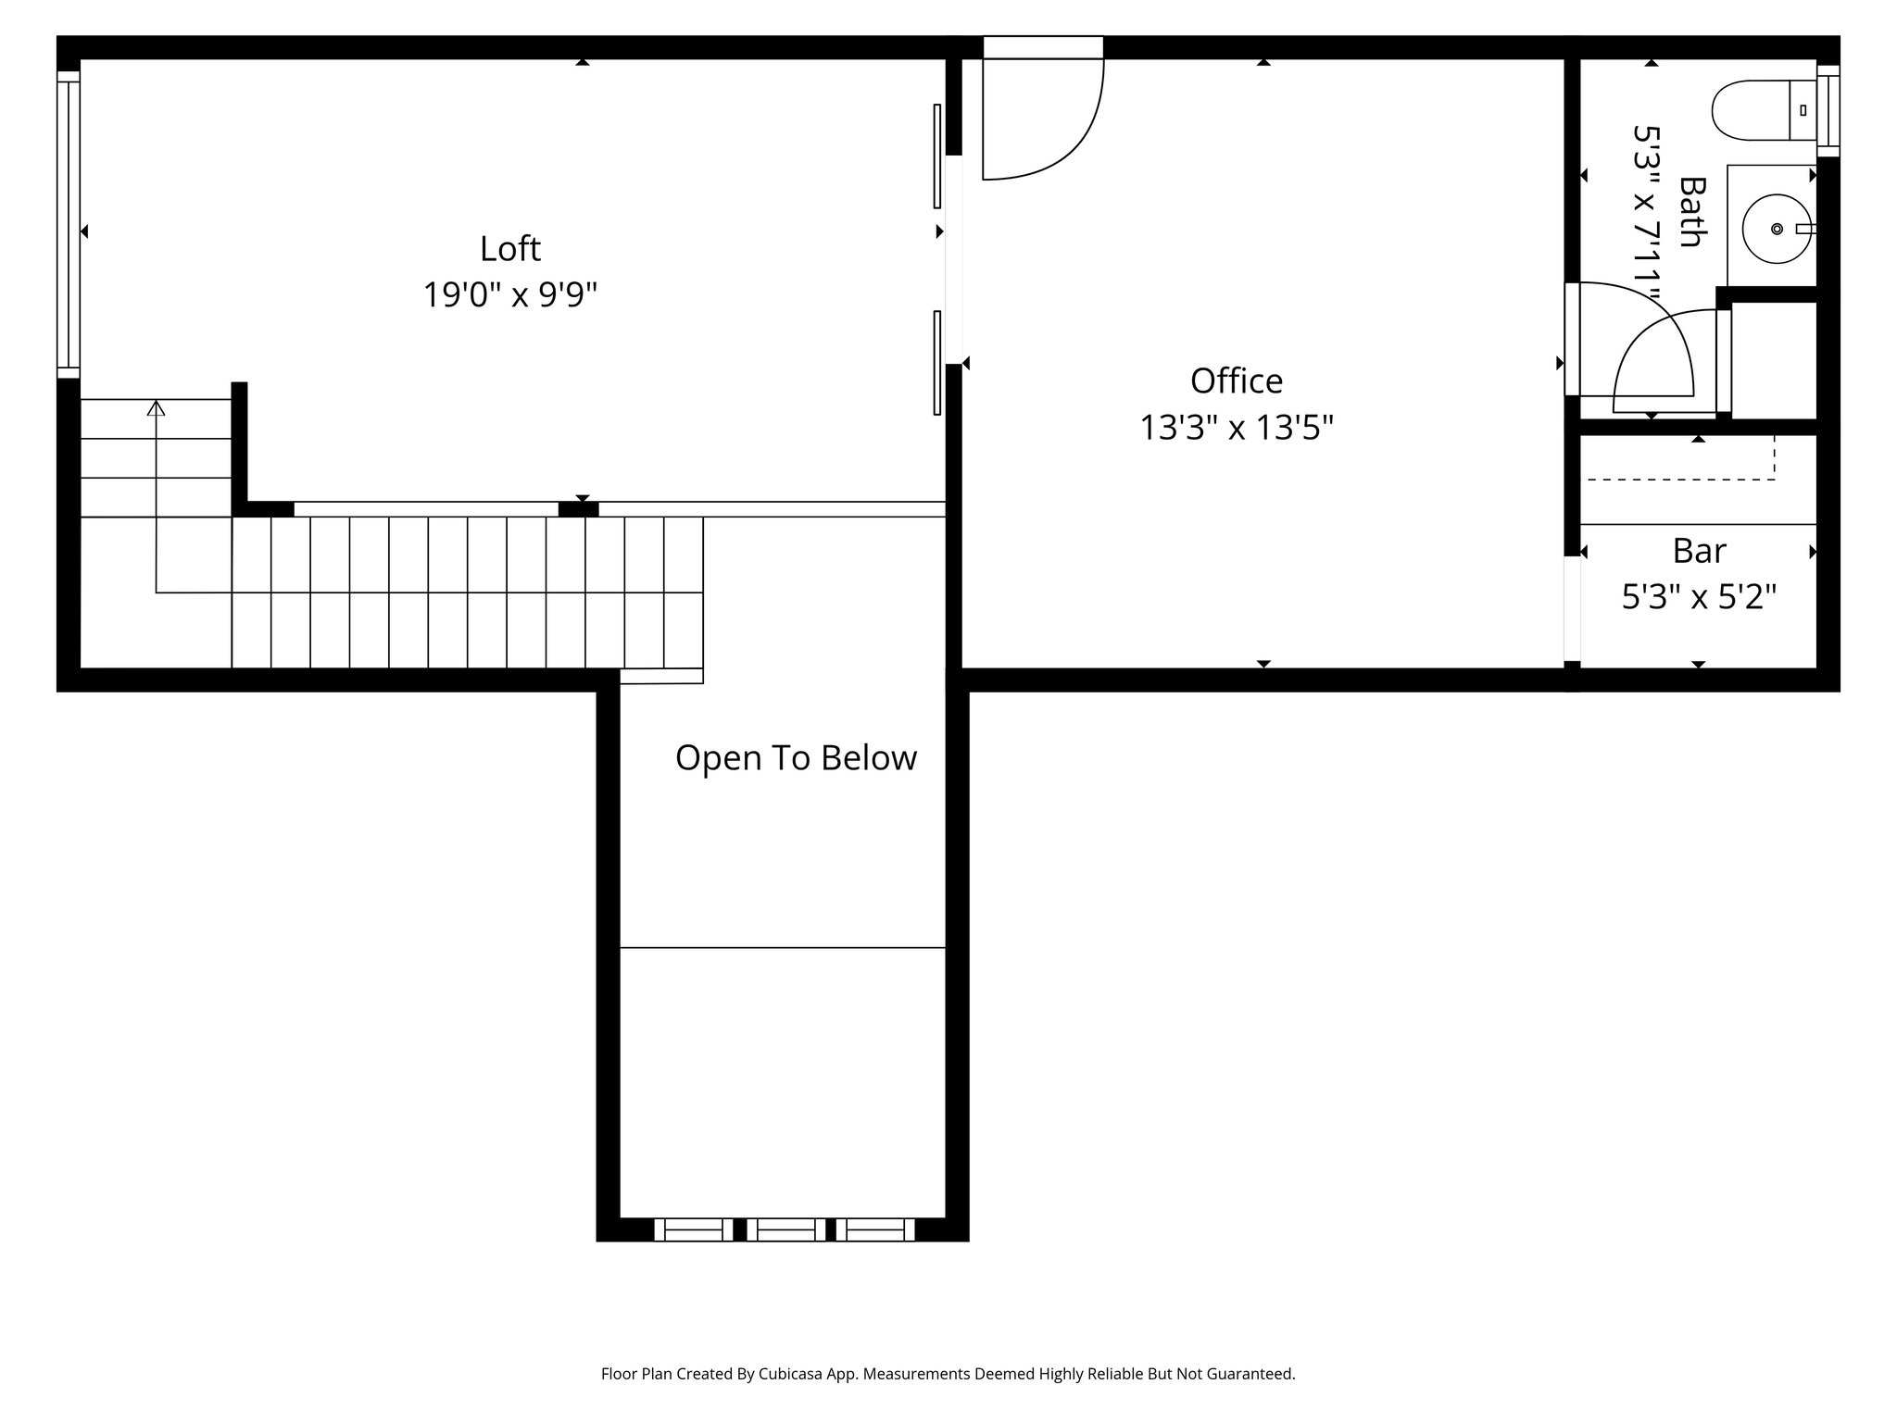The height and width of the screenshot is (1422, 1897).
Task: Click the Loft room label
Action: pyautogui.click(x=509, y=248)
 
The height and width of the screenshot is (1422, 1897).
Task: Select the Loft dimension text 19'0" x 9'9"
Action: pyautogui.click(x=509, y=295)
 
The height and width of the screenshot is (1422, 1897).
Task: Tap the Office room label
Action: pyautogui.click(x=1236, y=380)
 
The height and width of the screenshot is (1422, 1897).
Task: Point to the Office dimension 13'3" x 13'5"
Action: pyautogui.click(x=1236, y=428)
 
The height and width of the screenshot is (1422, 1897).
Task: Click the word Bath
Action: pyautogui.click(x=1692, y=211)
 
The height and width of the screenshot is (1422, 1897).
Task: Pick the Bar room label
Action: pyautogui.click(x=1699, y=551)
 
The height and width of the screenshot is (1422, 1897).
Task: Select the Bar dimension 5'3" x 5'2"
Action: pyautogui.click(x=1699, y=597)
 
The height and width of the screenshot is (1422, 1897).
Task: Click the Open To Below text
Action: pyautogui.click(x=796, y=757)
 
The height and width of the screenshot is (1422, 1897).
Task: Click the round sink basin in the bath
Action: pyautogui.click(x=1776, y=228)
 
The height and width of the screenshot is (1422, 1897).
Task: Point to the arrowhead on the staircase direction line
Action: pyautogui.click(x=156, y=407)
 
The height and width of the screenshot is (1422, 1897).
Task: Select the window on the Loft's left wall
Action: pyautogui.click(x=69, y=224)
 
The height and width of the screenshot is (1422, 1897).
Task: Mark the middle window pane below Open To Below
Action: pyautogui.click(x=785, y=1229)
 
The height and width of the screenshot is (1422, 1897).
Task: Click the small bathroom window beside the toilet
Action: pyautogui.click(x=1828, y=111)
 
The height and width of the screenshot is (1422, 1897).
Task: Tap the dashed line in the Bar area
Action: pyautogui.click(x=1681, y=478)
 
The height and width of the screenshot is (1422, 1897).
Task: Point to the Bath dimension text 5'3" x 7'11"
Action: pyautogui.click(x=1646, y=211)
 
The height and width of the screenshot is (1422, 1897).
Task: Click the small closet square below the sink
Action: pyautogui.click(x=1773, y=360)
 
